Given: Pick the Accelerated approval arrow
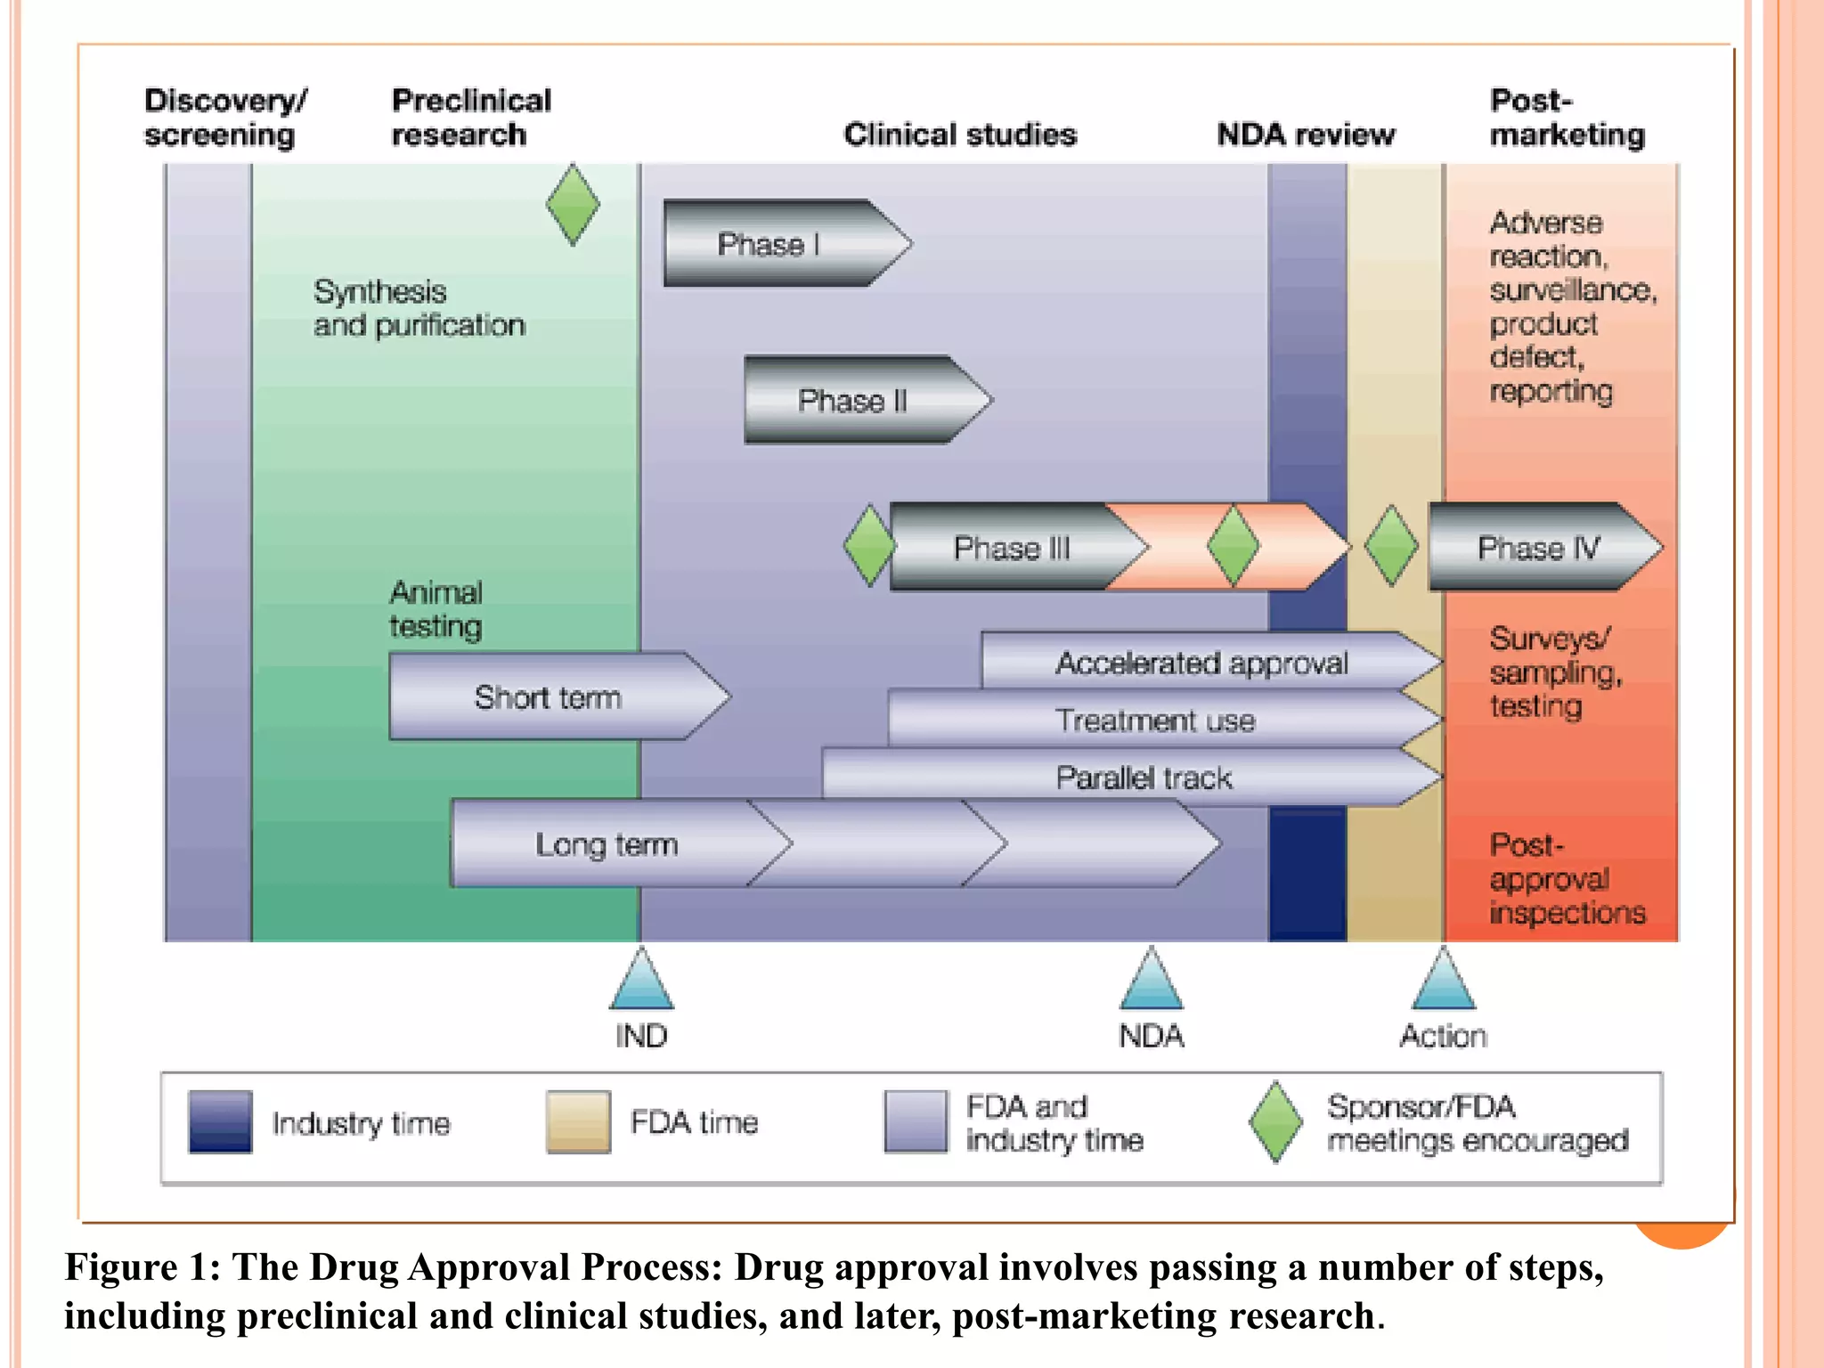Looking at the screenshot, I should [x=1202, y=662].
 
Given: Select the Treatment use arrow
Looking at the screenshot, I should [x=1156, y=719].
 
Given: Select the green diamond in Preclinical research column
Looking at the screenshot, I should [x=573, y=204].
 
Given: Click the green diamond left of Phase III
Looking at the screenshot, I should [x=869, y=545].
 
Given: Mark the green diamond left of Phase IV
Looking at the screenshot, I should [x=1391, y=545].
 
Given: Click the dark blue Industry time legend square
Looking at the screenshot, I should [x=220, y=1122].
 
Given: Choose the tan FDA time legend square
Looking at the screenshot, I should [x=578, y=1122].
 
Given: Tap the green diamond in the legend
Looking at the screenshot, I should [x=1275, y=1122].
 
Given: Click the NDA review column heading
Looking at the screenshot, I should [x=1306, y=134].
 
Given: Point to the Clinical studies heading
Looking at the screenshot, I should [x=960, y=134].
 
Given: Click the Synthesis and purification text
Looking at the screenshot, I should [x=419, y=308].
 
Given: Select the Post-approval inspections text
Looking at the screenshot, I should [x=1566, y=878].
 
